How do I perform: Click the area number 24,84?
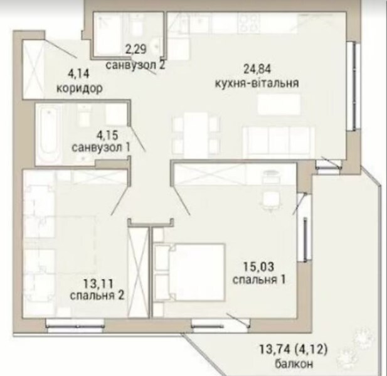tap(257, 69)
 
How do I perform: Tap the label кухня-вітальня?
tap(257, 83)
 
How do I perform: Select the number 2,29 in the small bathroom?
tap(135, 49)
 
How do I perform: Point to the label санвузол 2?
tap(135, 65)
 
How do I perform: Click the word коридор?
tap(80, 89)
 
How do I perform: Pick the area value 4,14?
tap(78, 74)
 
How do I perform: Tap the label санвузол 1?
tap(101, 148)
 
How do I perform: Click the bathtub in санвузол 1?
tap(50, 134)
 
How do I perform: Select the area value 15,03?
tap(258, 267)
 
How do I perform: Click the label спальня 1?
tap(259, 280)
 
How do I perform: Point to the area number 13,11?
tap(98, 284)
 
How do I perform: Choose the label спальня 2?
tap(97, 296)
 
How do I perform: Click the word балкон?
tap(294, 363)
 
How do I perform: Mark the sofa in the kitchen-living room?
tap(279, 142)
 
